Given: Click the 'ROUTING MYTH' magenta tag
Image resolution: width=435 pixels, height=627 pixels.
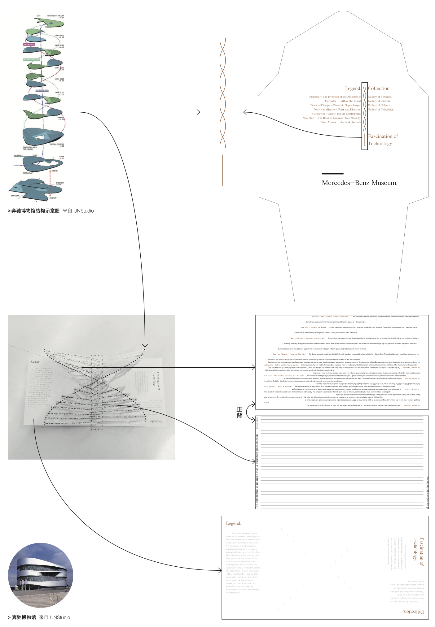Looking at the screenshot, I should [x=29, y=45].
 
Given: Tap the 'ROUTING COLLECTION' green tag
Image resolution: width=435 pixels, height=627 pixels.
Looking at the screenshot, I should [x=32, y=59].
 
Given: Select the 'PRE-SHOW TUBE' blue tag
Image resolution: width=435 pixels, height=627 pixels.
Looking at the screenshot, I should [x=42, y=91].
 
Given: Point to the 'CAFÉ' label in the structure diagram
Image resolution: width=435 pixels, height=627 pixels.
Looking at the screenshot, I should [x=38, y=16].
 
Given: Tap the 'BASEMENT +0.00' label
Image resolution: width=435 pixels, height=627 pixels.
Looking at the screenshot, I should [x=60, y=184].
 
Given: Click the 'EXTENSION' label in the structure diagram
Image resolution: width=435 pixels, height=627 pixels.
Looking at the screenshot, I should [x=15, y=196].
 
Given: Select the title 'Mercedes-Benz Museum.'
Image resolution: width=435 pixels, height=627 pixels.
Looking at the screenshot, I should [x=359, y=183].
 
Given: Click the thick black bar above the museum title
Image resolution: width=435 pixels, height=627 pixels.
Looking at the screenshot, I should [x=332, y=174].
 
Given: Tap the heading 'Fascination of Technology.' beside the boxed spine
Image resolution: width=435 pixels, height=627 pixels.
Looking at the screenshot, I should [x=383, y=140].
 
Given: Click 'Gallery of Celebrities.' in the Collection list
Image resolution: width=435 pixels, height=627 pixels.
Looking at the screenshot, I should [x=381, y=110].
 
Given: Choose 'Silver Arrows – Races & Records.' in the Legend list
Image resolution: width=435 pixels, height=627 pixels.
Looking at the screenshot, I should [x=340, y=122].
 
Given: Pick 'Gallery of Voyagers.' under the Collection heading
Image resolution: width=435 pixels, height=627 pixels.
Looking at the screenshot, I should [x=380, y=97].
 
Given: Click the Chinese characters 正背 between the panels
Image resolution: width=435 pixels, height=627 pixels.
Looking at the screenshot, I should [x=239, y=413].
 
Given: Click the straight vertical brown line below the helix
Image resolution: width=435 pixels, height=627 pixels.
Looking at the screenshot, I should [x=222, y=170].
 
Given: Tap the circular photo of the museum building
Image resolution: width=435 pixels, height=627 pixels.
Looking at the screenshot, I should [x=41, y=575].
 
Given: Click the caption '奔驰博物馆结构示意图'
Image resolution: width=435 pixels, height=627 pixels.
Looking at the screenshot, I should [x=35, y=211].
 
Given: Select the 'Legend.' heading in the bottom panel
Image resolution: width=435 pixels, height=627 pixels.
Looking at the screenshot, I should [x=233, y=523].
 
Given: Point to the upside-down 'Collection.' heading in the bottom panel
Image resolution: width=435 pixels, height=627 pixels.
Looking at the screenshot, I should [x=414, y=612].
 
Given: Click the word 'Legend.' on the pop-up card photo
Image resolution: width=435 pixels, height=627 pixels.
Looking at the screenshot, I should [x=36, y=362].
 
